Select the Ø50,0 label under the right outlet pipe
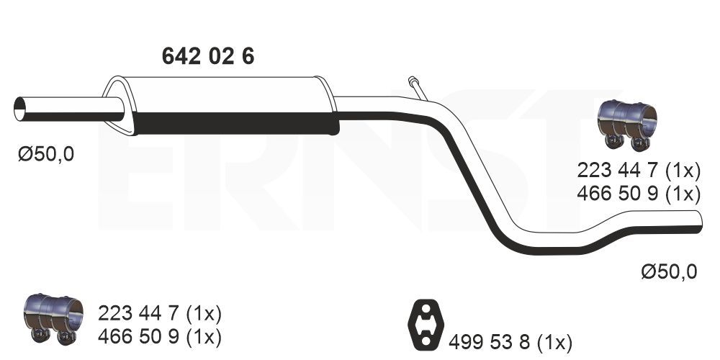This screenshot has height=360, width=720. coord(669,271)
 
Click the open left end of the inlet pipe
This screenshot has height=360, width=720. coord(20,109)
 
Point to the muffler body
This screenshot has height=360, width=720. coord(230,104)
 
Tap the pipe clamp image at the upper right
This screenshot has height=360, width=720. coord(629,124)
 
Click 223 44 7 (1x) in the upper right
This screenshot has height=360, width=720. coord(639,171)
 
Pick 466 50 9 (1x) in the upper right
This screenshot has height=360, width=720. coord(639,194)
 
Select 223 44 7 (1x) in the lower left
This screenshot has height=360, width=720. coord(160,313)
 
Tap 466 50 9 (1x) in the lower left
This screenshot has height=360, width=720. coord(160,336)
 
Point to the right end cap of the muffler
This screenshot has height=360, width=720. coord(331,106)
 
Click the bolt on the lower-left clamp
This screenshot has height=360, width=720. coord(37,334)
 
